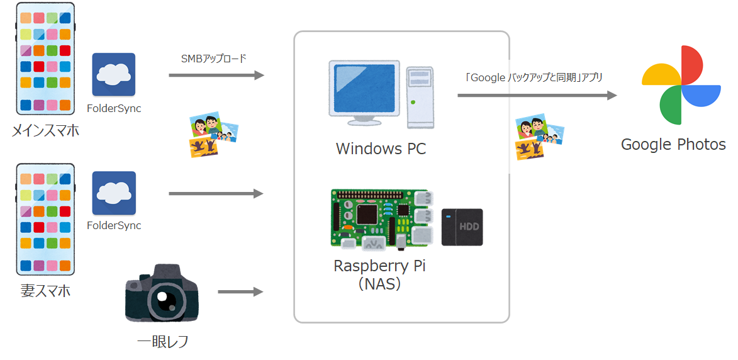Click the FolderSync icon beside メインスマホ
[113, 74]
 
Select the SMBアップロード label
[213, 59]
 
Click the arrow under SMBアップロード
[216, 76]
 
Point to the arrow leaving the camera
[240, 292]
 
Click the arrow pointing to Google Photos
[537, 96]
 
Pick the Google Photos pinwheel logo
[681, 85]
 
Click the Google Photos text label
[673, 145]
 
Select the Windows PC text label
[381, 149]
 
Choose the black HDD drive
[462, 227]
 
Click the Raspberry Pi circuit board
[381, 218]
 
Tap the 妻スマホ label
[45, 291]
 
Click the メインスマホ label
[46, 131]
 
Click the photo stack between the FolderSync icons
[213, 134]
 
